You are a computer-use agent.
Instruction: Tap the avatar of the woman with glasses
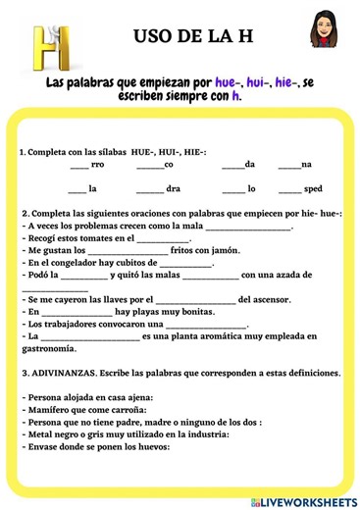[322, 31]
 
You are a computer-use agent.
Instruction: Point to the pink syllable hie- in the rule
[292, 83]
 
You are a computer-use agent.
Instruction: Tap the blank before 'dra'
[151, 188]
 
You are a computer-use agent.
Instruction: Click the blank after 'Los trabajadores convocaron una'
[207, 324]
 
